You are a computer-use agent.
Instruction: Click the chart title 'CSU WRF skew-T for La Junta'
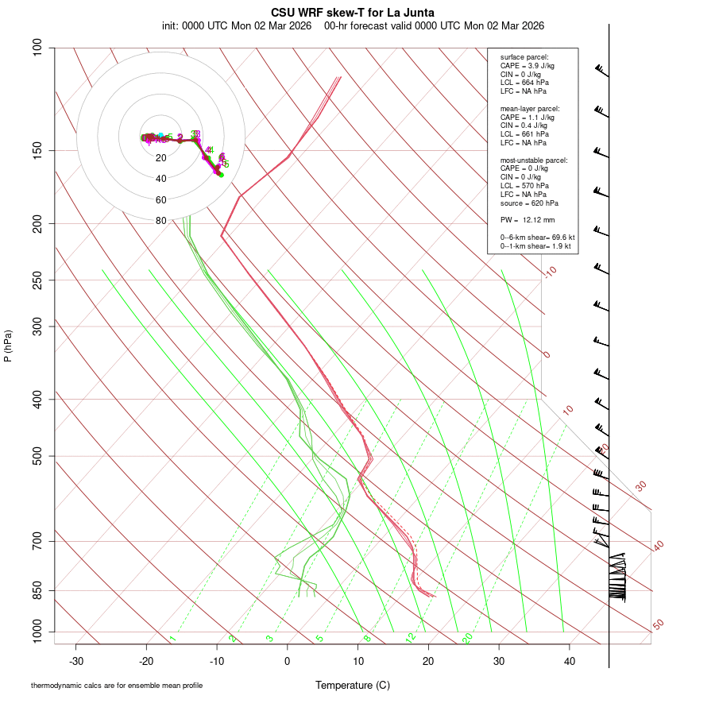point(353,13)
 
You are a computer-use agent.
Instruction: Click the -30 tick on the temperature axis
point(76,661)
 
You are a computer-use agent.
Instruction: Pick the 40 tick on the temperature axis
point(569,661)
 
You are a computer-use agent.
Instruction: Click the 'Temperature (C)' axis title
point(353,685)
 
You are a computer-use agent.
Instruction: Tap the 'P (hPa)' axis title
point(8,346)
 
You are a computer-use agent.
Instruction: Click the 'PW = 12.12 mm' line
point(527,220)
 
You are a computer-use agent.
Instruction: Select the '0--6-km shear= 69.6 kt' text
point(537,238)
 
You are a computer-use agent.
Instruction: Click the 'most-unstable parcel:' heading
point(534,160)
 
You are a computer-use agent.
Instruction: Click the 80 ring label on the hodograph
point(161,221)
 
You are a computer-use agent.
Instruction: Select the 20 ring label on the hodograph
point(161,158)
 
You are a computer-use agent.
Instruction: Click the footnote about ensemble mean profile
point(117,686)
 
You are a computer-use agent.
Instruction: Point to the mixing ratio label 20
point(467,638)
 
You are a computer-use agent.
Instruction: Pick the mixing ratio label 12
point(410,638)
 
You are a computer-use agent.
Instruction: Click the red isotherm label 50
point(658,625)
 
